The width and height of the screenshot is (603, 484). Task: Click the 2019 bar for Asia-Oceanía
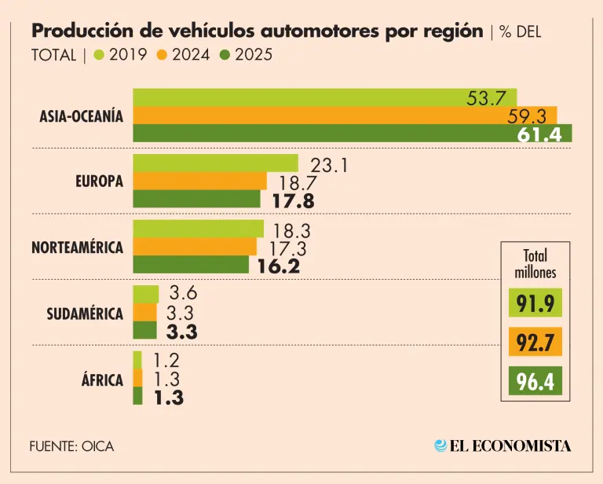[323, 97]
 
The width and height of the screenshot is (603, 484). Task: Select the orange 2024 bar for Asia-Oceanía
[344, 115]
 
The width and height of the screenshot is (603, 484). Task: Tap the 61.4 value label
[539, 134]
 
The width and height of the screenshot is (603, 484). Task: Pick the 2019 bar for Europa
[215, 163]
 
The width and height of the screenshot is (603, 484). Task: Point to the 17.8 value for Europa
[293, 201]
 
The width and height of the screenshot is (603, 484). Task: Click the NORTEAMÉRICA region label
[77, 247]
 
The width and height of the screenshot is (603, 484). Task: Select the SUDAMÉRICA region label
[85, 313]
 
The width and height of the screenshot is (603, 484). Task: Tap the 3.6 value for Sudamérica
[182, 295]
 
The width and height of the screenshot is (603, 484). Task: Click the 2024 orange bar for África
[137, 378]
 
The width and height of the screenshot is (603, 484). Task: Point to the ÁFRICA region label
[102, 380]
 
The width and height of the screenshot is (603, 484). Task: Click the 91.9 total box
[535, 303]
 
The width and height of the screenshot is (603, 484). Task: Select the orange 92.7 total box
[535, 343]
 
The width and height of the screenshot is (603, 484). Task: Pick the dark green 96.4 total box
[535, 383]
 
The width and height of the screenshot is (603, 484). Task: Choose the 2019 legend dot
[98, 55]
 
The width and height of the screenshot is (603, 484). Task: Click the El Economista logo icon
[440, 445]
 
